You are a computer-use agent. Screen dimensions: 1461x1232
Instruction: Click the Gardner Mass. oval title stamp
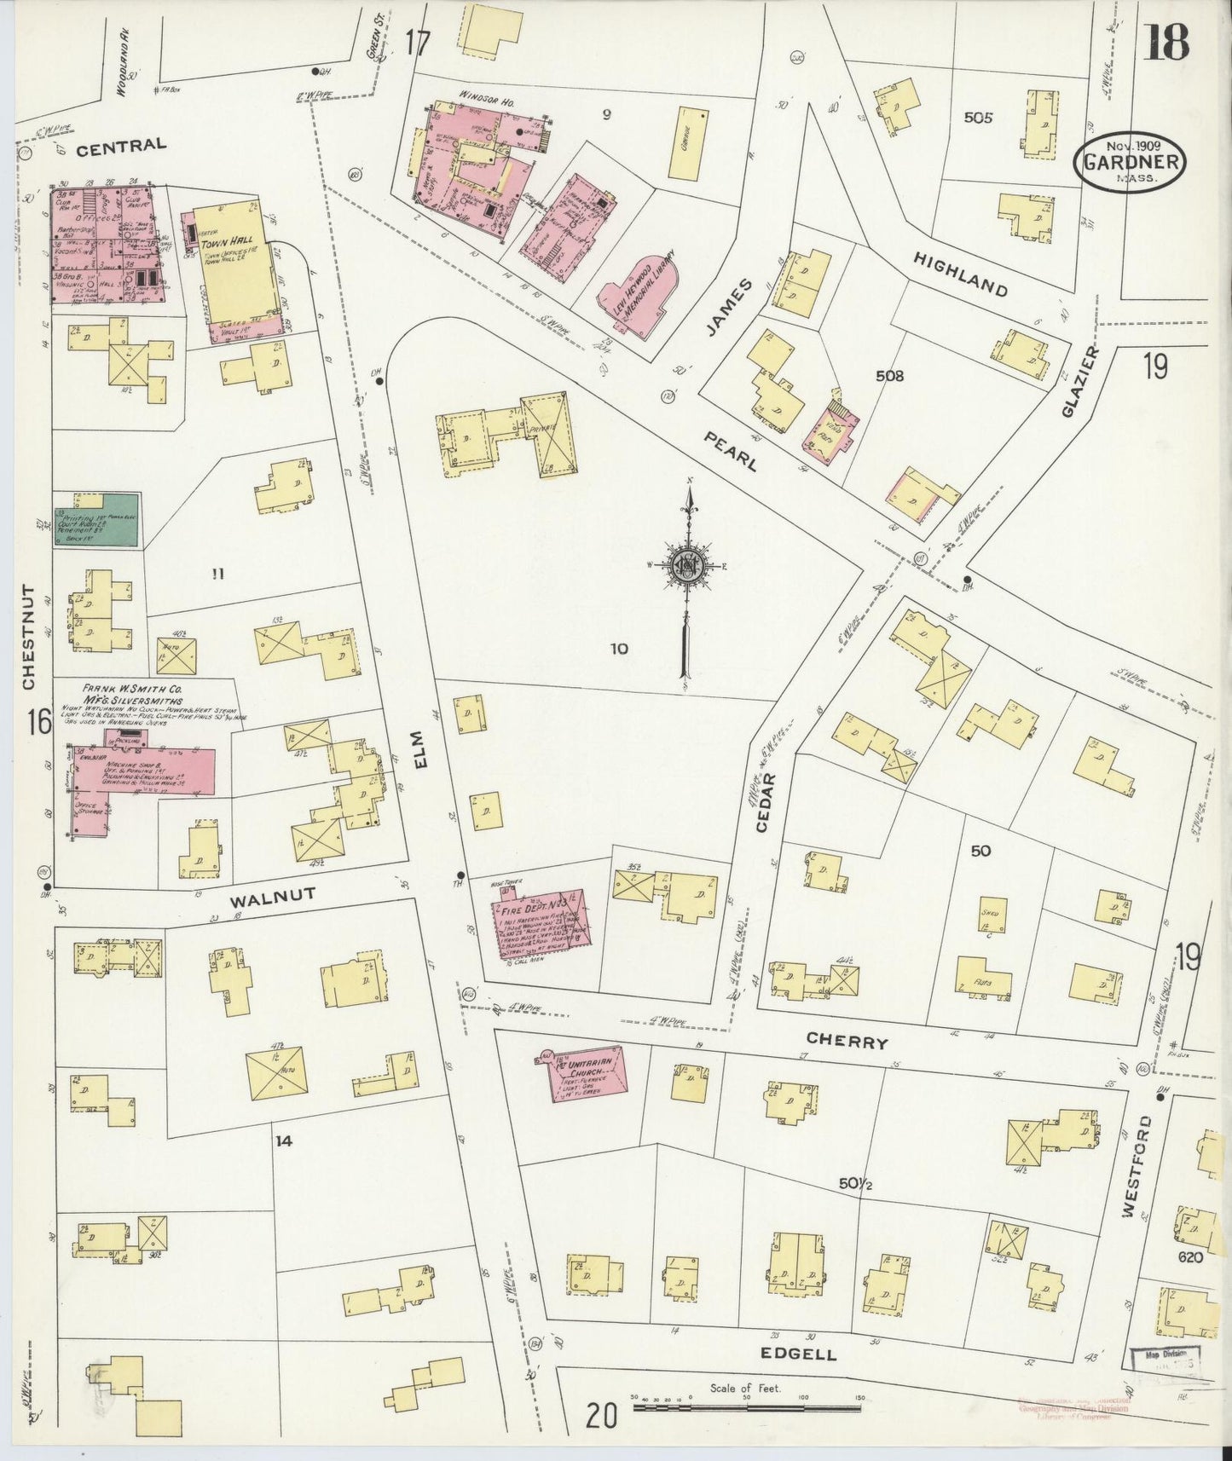pos(1132,164)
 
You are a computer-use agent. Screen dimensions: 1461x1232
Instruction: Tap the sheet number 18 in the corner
pos(1165,43)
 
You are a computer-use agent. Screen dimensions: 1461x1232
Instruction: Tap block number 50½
pos(855,1183)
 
